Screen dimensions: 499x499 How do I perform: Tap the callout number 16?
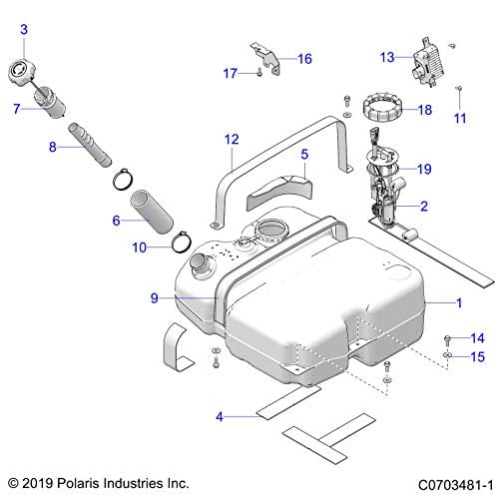(x=304, y=58)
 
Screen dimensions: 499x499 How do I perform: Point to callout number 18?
(x=426, y=111)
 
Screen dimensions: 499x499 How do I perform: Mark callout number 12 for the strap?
(x=232, y=140)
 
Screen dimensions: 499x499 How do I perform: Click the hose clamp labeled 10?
(x=180, y=241)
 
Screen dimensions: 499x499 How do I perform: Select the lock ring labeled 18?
(x=381, y=105)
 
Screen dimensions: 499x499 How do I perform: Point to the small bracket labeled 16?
(x=262, y=56)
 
